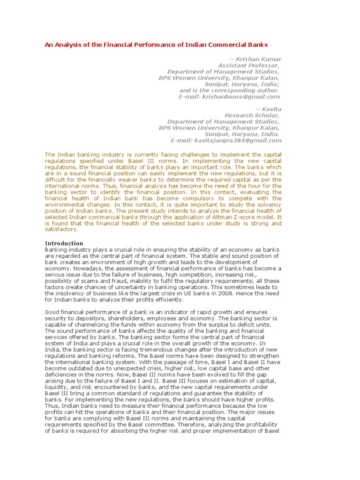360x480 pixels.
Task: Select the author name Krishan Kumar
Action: [x=258, y=59]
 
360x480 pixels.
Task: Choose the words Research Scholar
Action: [x=252, y=115]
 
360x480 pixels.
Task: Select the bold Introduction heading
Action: [x=64, y=243]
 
